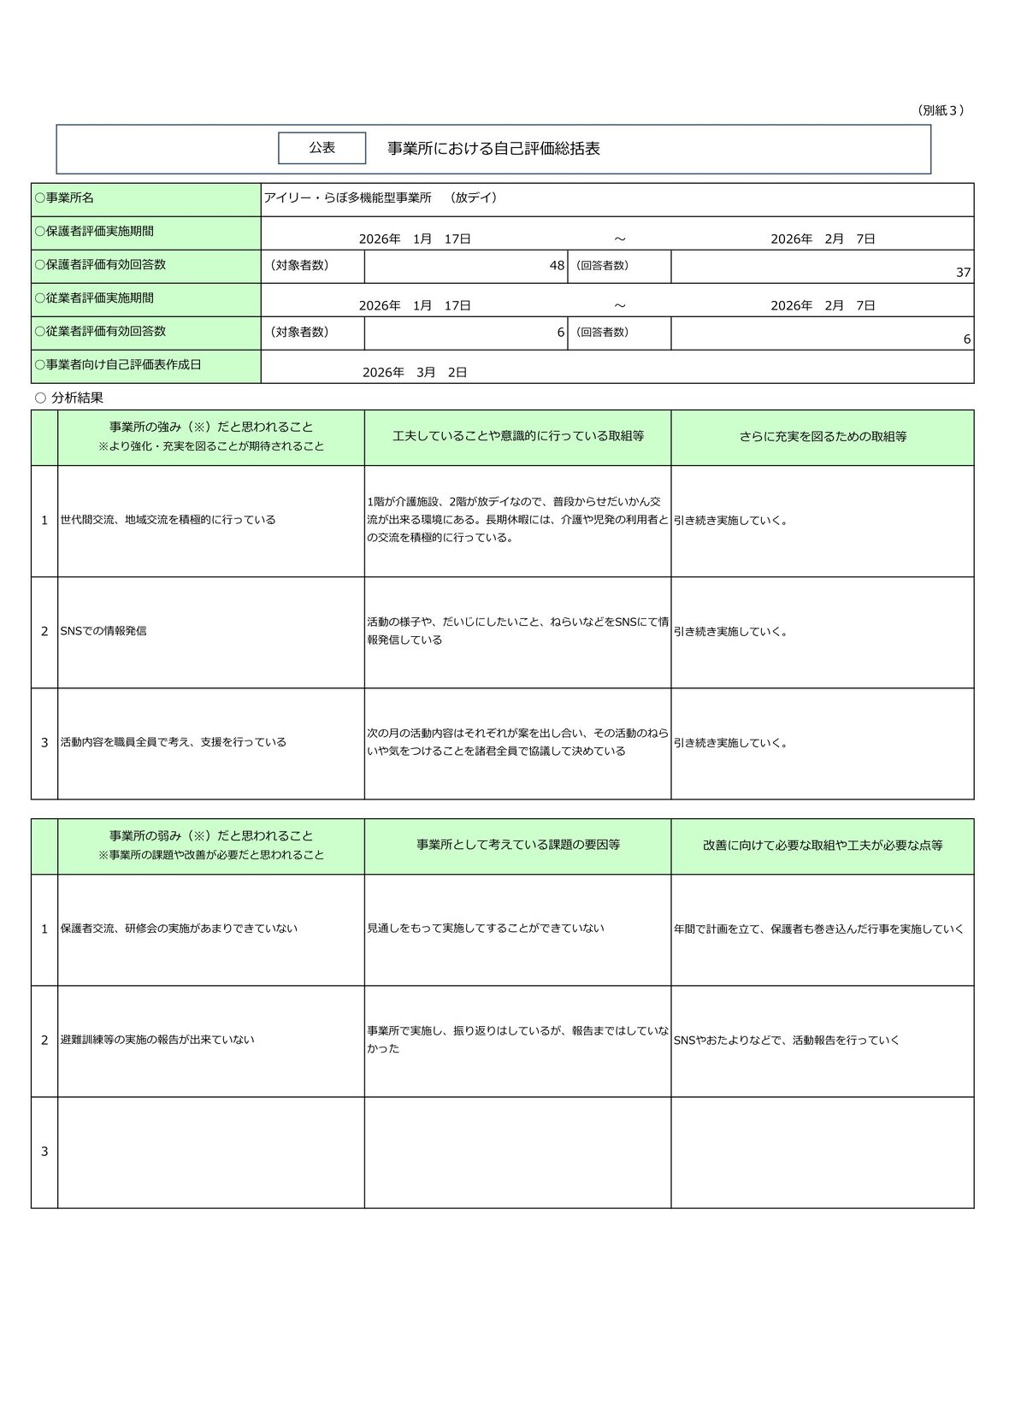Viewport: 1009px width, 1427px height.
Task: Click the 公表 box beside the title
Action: coord(322,148)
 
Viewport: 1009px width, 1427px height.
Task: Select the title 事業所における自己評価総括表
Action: coord(493,149)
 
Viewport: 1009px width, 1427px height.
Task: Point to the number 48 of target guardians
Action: coord(557,266)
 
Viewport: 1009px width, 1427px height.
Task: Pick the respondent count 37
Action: coord(963,273)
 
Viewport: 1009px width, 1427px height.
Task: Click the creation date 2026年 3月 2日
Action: coord(415,373)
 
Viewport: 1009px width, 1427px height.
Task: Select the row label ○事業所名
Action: coord(64,198)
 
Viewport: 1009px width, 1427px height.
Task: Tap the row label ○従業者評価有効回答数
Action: coord(100,332)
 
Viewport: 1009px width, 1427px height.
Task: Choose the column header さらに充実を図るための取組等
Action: coord(823,437)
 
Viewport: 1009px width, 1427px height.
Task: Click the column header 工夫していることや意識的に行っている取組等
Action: coord(517,436)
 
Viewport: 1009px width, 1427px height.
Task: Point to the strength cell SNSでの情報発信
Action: coord(103,631)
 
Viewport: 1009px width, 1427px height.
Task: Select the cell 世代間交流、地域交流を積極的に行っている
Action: coord(168,520)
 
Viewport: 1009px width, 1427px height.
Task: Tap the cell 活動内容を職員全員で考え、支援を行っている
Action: coord(174,742)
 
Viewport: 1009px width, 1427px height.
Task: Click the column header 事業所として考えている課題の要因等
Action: coord(517,845)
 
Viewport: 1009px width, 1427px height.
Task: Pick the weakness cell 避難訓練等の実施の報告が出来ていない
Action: coord(158,1041)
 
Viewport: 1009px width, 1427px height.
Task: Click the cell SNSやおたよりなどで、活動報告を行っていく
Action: coord(787,1041)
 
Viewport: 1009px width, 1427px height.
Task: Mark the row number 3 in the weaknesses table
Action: coord(44,1152)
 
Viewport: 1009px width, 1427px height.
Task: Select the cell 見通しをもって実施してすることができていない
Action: coord(486,929)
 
